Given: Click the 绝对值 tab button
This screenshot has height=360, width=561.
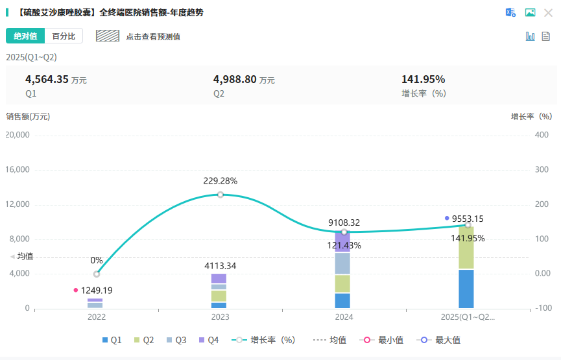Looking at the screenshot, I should (x=25, y=36).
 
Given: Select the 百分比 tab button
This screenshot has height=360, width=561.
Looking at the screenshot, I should (x=64, y=36).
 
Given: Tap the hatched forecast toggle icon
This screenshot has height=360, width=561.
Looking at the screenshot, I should (x=108, y=36).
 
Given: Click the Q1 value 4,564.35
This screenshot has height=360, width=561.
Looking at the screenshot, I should (x=47, y=80).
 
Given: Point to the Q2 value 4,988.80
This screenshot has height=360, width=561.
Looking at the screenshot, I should (x=235, y=80).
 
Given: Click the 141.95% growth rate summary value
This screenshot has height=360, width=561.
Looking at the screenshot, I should (x=423, y=80).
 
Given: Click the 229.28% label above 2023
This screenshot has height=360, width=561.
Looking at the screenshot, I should (x=221, y=181).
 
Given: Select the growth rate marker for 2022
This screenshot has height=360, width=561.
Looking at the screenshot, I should (x=97, y=274).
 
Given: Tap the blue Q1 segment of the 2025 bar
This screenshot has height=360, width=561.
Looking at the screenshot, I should (x=466, y=289).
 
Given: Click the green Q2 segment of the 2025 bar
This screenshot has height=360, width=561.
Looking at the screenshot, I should (x=466, y=247).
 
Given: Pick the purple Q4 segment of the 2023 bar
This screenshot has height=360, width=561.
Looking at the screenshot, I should (x=219, y=278).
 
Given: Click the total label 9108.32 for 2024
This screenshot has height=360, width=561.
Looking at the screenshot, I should (x=344, y=222).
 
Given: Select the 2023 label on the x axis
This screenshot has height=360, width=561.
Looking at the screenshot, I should (x=221, y=317).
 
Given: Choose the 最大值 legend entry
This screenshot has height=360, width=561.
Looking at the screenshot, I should (x=441, y=340).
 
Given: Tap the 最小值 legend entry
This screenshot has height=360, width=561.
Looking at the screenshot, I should (x=384, y=340).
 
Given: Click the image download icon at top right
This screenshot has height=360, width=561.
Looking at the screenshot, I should (x=530, y=12).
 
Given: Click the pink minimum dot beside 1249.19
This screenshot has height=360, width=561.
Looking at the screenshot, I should (x=76, y=290).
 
